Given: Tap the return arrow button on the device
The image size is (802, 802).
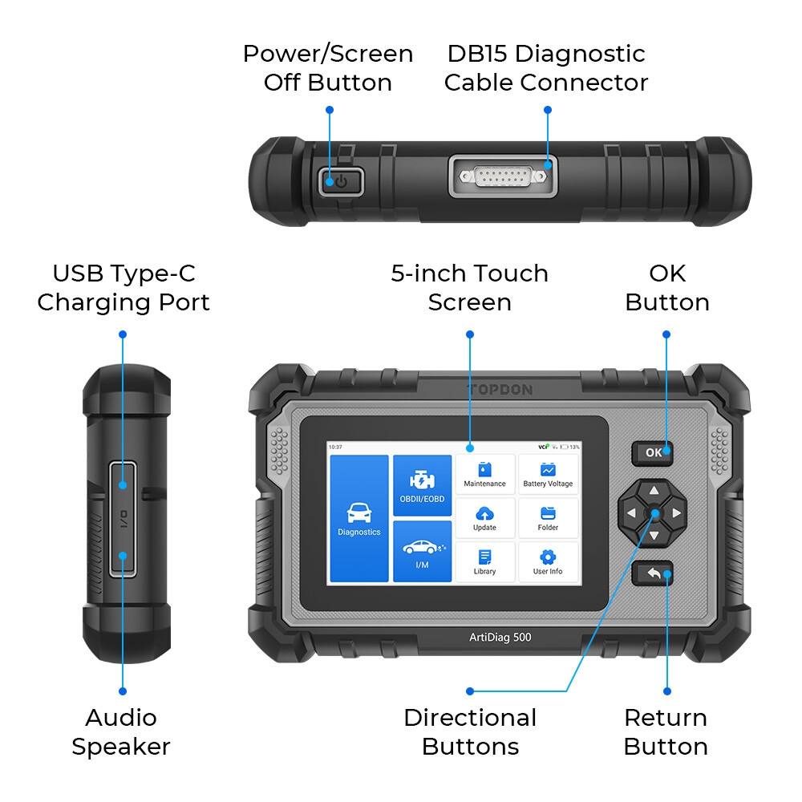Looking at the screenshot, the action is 653,573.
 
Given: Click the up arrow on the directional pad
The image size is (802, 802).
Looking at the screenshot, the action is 654,491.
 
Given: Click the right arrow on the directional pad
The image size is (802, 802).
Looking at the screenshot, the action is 677,513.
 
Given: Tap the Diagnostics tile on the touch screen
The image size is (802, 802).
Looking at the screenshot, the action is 359,518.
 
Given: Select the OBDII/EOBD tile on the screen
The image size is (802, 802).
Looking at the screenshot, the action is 422,485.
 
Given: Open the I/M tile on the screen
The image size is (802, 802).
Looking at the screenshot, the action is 422,552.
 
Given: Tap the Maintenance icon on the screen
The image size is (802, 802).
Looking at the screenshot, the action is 484,469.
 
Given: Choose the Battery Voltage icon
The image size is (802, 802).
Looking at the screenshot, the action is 548,469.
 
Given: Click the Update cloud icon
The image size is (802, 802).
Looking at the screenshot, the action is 484,513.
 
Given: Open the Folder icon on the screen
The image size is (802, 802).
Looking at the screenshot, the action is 548,513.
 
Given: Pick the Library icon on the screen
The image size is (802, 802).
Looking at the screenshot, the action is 484,557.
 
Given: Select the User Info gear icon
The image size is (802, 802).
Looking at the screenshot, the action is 548,557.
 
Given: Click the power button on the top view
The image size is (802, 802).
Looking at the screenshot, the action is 341,181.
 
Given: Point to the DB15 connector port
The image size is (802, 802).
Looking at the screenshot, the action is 503,176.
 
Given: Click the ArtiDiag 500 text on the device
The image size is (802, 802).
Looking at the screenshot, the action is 500,638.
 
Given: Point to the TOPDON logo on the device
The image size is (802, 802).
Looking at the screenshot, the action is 500,390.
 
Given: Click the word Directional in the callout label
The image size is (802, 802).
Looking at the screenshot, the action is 470,718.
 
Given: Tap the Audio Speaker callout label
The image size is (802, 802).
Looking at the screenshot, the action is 121,732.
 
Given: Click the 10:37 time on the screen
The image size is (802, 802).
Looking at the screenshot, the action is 335,447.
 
